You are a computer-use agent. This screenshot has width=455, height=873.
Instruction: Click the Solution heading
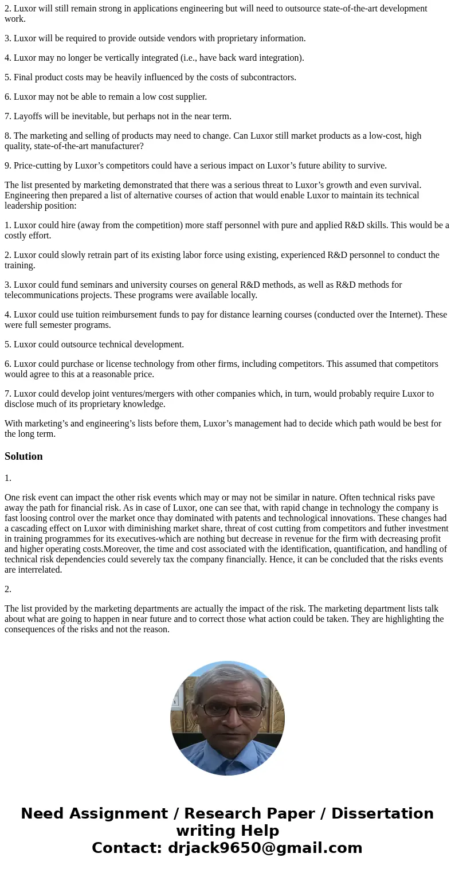coord(23,456)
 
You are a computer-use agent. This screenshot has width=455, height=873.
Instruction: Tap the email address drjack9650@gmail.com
coord(265,848)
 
